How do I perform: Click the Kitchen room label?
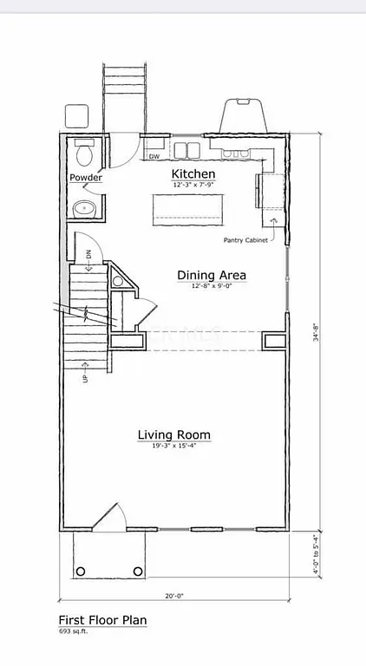click(x=193, y=174)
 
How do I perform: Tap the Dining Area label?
click(x=212, y=275)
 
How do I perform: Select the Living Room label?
click(x=174, y=434)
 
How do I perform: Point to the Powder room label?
click(x=86, y=178)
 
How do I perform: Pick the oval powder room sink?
click(x=84, y=208)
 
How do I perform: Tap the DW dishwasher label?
click(x=154, y=157)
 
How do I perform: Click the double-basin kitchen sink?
click(x=186, y=151)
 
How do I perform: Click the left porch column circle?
click(x=81, y=571)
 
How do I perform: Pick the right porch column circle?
click(x=136, y=571)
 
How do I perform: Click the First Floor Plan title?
click(x=102, y=620)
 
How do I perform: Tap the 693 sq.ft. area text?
click(x=74, y=631)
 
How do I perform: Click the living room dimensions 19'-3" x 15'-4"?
click(x=174, y=446)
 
